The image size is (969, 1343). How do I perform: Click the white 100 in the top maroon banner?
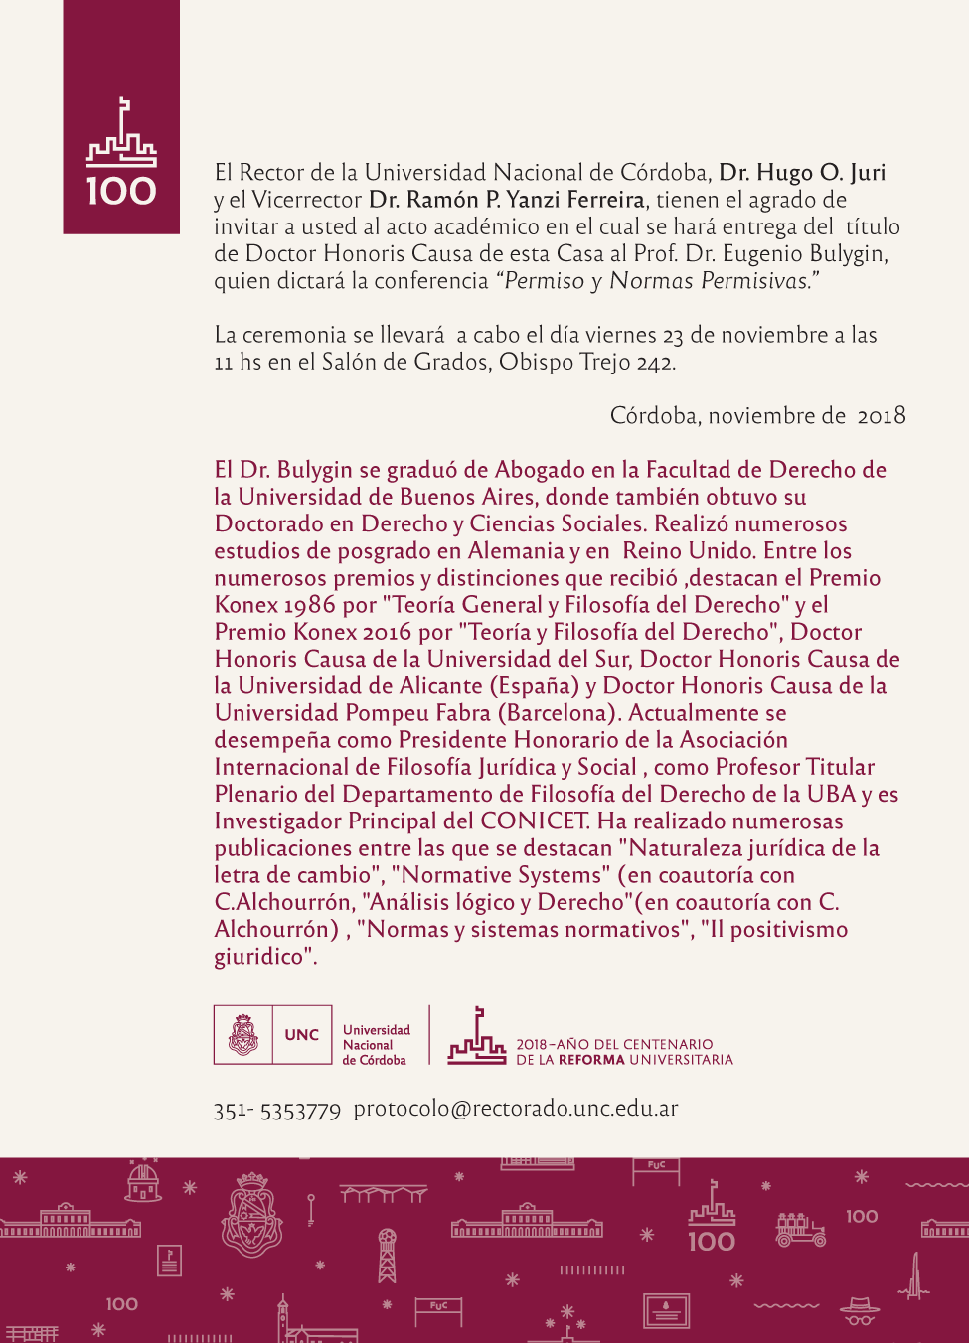point(121,191)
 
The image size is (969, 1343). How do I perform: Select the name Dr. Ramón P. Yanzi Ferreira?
point(507,200)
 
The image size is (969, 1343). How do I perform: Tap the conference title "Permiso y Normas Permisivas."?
point(657,281)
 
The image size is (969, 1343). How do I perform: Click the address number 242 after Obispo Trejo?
point(655,363)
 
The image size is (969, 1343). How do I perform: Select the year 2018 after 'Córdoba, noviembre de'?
point(882,416)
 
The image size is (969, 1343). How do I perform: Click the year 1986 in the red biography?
point(310,605)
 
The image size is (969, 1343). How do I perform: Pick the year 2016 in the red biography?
point(387,632)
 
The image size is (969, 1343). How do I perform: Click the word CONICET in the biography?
point(535,821)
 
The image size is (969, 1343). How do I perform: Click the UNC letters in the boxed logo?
point(302,1035)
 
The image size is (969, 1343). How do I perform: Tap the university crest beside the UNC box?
point(243,1035)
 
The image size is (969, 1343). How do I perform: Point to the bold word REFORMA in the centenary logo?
point(591,1060)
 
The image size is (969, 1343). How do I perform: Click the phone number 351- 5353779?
point(277,1111)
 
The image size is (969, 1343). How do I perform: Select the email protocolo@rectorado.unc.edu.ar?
point(516,1109)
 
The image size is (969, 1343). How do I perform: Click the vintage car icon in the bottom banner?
point(800,1230)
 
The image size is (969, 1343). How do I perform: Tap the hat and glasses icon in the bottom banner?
point(860,1310)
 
